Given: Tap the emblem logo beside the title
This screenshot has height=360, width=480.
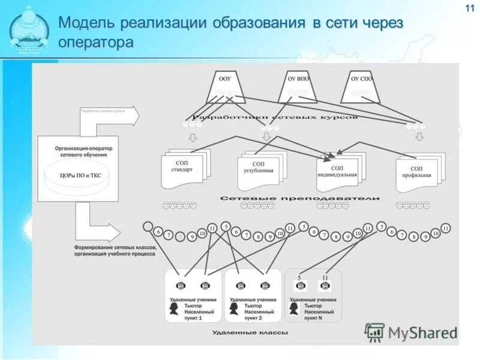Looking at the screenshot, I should (x=29, y=30).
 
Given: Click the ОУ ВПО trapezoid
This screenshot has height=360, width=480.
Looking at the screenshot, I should (x=297, y=87).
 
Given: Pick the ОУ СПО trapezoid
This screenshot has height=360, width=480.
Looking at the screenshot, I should (x=361, y=87).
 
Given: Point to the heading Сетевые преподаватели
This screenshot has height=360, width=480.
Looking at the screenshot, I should (x=299, y=198).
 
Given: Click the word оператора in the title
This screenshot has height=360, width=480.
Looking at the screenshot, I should (x=96, y=43).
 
